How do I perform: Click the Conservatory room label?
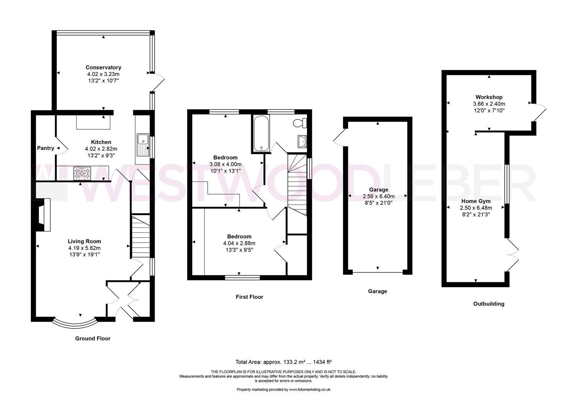coord(103,68)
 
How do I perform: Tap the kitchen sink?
coord(143,145)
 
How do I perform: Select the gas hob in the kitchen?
coord(82,173)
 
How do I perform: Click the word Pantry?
coord(45,148)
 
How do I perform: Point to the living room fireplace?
coord(44,215)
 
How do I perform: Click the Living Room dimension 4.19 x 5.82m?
coord(84,248)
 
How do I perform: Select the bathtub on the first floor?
coord(261,134)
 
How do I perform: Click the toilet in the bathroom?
coord(300,123)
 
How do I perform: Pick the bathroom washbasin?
coord(302,142)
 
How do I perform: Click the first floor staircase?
coord(297,185)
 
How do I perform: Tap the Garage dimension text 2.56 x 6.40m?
coord(379,196)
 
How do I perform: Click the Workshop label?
coord(489,97)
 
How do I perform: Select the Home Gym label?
coord(476,201)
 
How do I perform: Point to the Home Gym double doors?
coord(512,255)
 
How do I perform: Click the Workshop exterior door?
coord(539,113)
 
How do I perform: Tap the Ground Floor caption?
coord(93,338)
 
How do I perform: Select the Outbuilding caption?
coord(489,304)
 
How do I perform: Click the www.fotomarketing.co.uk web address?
coord(310,389)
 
